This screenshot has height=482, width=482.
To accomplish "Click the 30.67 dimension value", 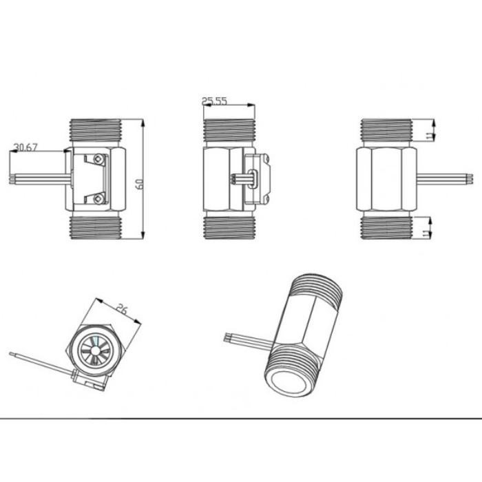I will [25, 147].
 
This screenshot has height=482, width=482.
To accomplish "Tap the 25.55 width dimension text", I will [214, 101].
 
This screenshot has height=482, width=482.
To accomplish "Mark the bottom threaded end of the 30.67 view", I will [97, 228].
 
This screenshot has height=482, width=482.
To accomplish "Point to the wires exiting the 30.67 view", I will [38, 180].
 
